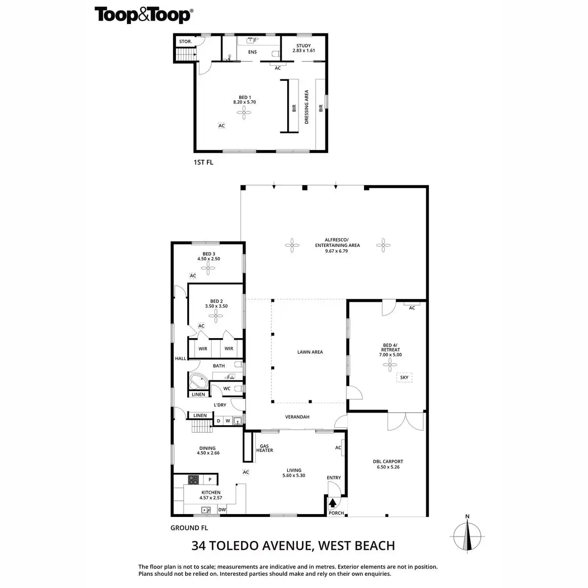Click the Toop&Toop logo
coord(143,15)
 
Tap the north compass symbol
coord(467,536)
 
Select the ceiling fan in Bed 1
coord(244,114)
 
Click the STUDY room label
coord(303,46)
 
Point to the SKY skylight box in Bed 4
coord(404,377)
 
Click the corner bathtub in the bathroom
coord(198,380)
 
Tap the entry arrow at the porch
coord(333,503)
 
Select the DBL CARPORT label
coord(388,462)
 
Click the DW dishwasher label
coord(222,510)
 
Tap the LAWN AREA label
coord(310,352)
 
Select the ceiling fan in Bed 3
coord(209,268)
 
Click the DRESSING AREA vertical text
coord(307,106)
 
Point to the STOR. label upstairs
coord(185,42)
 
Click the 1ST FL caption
coord(203,162)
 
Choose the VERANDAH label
coord(297,417)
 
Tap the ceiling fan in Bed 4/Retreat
coord(391,363)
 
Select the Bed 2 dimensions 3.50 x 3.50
coord(216,306)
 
